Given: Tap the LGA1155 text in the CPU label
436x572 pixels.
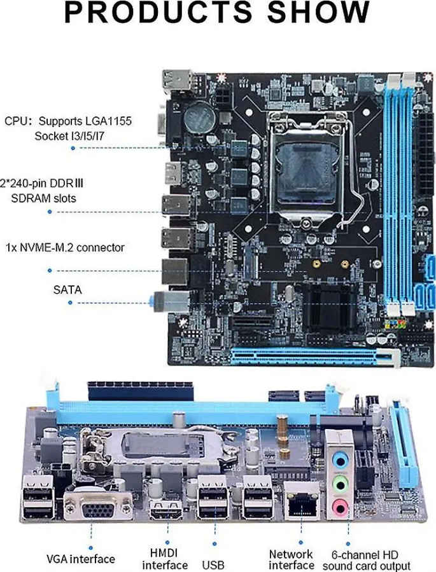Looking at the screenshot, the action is (x=109, y=121).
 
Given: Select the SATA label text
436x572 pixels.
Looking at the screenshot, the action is (x=67, y=290).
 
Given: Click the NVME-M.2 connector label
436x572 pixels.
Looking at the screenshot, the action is (x=65, y=247).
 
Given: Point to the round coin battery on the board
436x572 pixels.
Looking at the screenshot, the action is (x=199, y=118).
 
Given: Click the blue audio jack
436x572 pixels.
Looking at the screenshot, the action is (x=341, y=461).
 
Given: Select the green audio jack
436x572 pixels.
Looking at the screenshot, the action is (x=340, y=484).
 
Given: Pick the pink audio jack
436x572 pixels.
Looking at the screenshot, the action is (x=339, y=507).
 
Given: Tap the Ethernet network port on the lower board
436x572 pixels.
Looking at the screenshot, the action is (x=302, y=501).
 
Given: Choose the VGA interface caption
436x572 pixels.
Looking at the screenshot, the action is (x=81, y=559).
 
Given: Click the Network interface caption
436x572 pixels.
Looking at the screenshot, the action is (x=292, y=559).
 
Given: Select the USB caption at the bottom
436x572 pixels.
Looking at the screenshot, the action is (x=213, y=565).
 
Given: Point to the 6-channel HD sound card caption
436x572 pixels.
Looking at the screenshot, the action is (x=366, y=561).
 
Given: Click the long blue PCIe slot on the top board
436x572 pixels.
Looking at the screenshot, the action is (x=310, y=357).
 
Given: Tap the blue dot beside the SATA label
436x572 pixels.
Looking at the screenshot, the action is (x=70, y=303).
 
